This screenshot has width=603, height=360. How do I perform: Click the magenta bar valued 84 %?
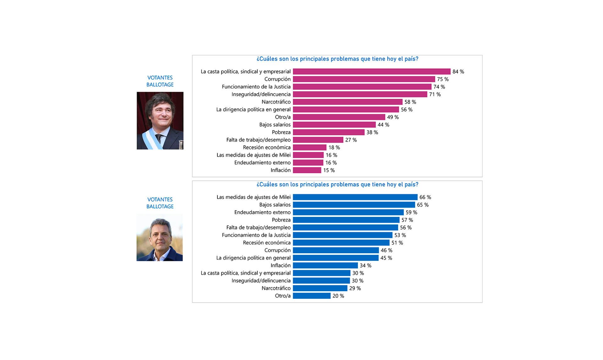[372, 72]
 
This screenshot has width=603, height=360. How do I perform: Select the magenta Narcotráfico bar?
[348, 102]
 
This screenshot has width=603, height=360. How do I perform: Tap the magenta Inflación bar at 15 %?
[307, 170]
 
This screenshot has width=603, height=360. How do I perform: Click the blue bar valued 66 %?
[355, 197]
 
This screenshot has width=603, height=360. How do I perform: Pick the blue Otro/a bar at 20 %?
[312, 296]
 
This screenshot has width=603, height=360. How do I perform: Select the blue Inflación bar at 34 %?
[325, 266]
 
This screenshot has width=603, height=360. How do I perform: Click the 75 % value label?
[443, 79]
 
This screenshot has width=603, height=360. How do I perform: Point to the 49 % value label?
[393, 117]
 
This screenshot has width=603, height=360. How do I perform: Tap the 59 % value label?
[411, 212]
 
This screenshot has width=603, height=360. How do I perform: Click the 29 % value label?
[355, 288]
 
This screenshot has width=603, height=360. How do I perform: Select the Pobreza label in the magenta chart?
[281, 132]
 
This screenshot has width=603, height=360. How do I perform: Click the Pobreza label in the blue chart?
[281, 220]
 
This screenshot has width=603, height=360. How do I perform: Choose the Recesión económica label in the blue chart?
[267, 243]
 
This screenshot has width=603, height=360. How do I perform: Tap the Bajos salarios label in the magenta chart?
[275, 125]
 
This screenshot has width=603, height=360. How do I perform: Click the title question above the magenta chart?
[337, 59]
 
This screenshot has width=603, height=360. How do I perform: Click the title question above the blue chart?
[337, 185]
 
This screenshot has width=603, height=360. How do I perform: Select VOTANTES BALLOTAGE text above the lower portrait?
[160, 203]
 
